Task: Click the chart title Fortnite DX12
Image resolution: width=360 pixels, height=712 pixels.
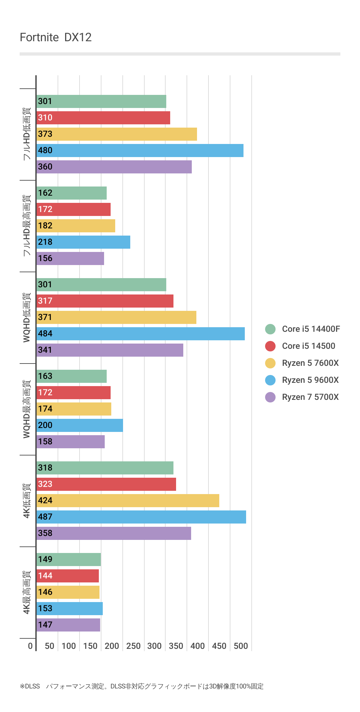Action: point(56,38)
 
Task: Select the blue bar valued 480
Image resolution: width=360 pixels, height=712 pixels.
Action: point(140,151)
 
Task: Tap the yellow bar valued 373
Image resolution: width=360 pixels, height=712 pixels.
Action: point(117,134)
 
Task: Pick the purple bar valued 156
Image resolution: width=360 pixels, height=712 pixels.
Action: point(70,258)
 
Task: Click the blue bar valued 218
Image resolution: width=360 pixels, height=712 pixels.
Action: point(83,242)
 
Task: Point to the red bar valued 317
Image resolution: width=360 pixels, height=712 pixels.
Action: point(105,301)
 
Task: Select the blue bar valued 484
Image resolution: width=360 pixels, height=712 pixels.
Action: point(140,334)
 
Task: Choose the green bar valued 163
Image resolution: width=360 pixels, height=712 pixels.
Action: point(71,376)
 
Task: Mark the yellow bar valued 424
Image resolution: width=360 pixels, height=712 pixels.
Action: point(128,501)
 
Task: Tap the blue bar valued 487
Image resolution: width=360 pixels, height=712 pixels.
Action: point(141,517)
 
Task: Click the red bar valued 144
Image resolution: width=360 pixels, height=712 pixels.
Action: point(67,576)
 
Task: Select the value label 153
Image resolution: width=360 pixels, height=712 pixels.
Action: point(45,609)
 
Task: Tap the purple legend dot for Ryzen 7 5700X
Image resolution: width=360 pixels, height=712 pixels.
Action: point(270,397)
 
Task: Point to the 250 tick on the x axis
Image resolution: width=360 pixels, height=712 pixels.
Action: point(133,646)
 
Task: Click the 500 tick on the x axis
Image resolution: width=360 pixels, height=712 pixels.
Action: point(241,646)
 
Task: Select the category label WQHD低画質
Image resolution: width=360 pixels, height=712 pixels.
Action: point(27,317)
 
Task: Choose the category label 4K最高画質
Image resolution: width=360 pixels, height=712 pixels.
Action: point(27,592)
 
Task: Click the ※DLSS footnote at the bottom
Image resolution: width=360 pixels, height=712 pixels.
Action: point(141,686)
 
